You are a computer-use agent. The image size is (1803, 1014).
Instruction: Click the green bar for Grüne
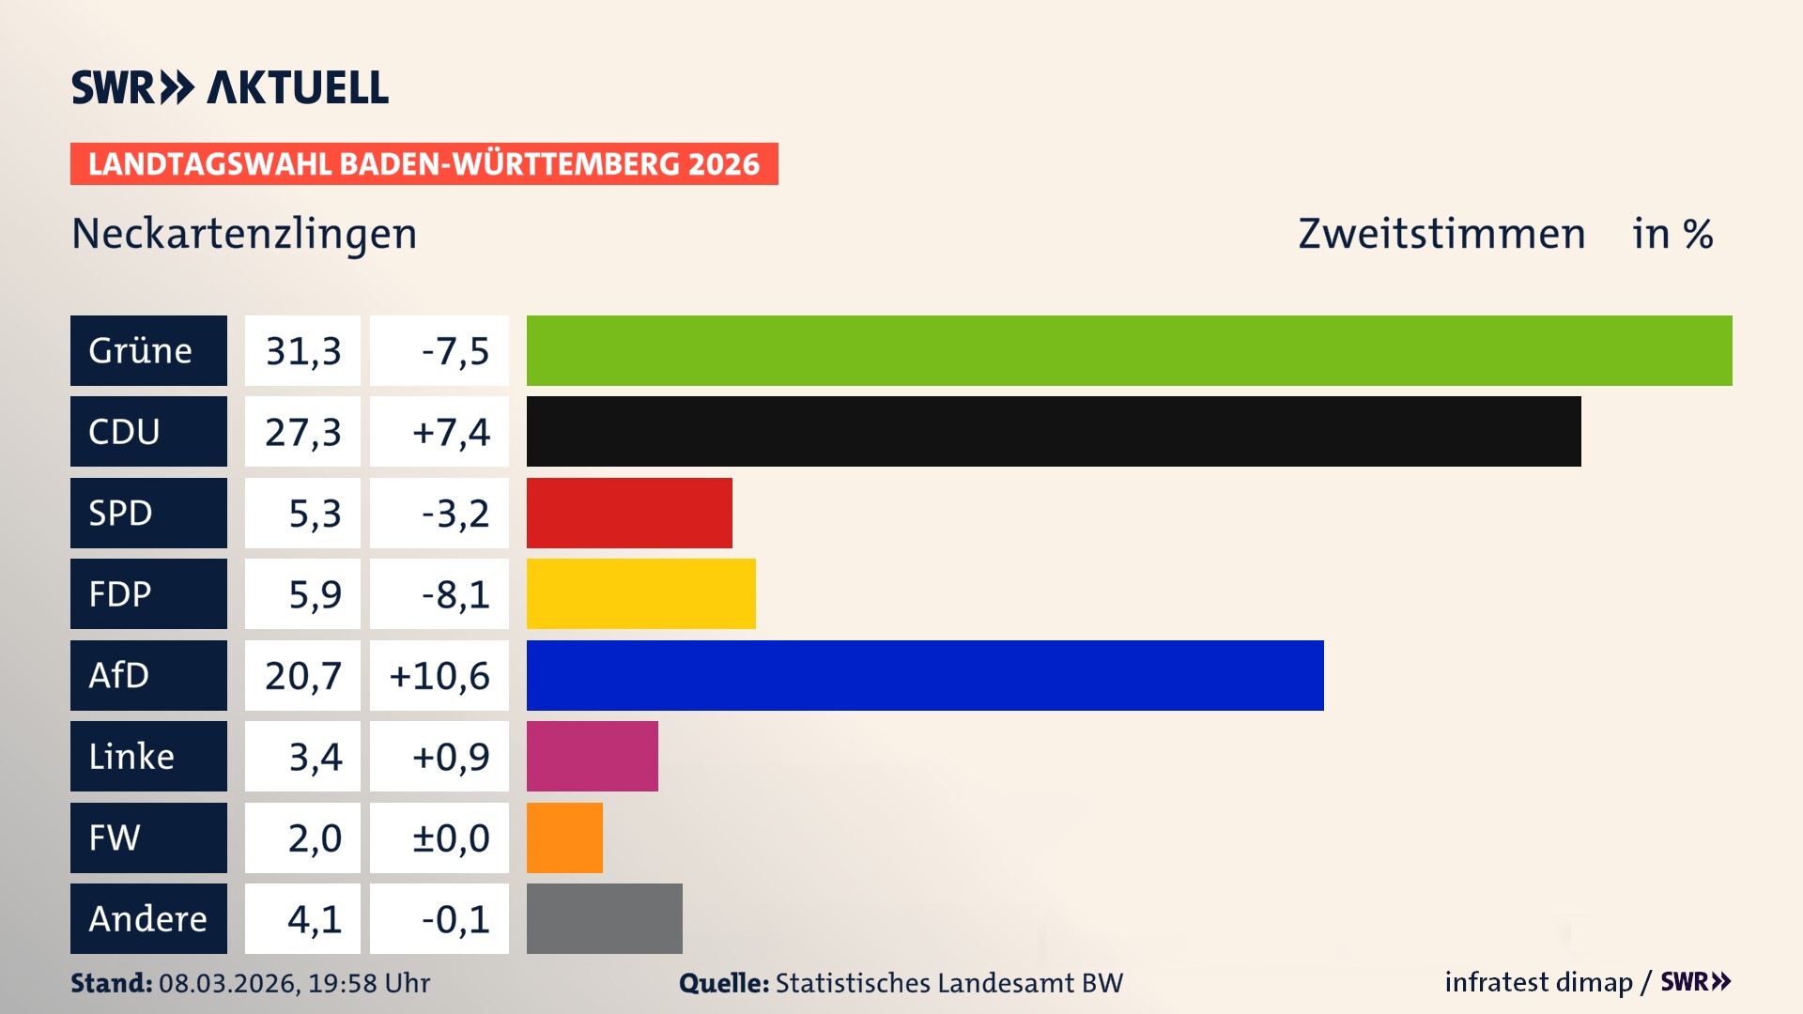(x=1129, y=350)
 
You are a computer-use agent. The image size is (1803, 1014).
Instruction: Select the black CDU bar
(x=1054, y=432)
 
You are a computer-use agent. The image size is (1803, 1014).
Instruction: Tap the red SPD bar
(x=629, y=513)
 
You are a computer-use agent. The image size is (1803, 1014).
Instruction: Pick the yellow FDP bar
(x=640, y=593)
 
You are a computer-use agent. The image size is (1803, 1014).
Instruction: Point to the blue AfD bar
(x=925, y=675)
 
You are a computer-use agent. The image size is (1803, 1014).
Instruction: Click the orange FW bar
(x=564, y=837)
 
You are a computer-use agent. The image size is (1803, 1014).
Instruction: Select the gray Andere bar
(x=604, y=918)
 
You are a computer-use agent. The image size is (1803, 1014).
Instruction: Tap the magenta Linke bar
(x=592, y=756)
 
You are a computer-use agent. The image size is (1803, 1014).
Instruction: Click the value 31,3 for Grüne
(x=302, y=351)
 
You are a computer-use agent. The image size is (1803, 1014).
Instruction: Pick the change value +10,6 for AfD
(x=439, y=676)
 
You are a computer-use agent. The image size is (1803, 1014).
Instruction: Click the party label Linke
(x=131, y=757)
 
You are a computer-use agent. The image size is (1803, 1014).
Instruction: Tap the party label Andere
(x=147, y=918)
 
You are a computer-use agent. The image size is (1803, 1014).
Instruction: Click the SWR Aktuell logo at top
(x=230, y=87)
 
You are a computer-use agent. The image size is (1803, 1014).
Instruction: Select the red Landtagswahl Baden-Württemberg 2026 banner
(x=424, y=164)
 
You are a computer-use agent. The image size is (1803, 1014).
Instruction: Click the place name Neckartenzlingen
(x=244, y=234)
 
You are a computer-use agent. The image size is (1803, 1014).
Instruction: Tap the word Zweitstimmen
(x=1441, y=234)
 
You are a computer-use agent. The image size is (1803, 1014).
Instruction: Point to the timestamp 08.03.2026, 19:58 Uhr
(x=294, y=983)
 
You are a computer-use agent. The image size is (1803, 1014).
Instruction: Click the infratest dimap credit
(x=1538, y=982)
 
